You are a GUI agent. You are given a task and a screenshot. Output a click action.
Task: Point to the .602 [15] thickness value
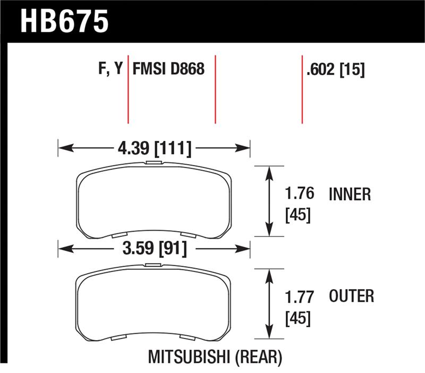coord(335,69)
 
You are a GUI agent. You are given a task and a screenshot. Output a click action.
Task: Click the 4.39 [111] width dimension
coord(154,148)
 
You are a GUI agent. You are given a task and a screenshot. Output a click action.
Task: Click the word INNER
coord(350,194)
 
